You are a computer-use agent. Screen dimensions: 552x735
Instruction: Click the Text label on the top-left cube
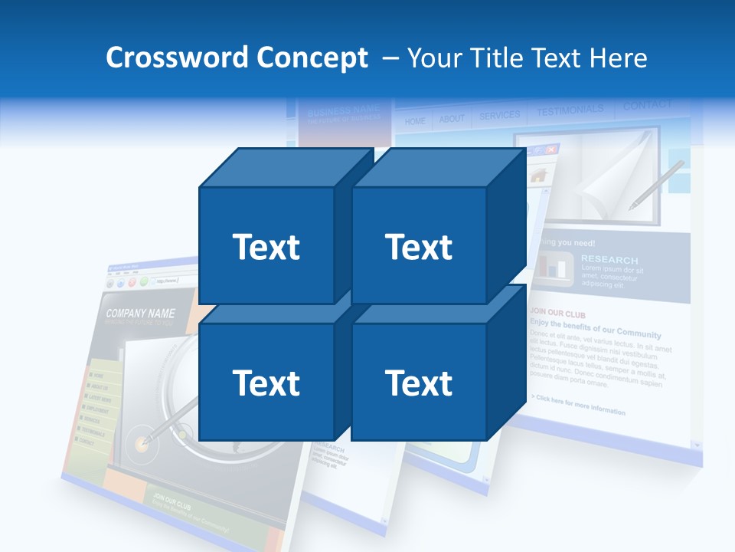pyautogui.click(x=266, y=247)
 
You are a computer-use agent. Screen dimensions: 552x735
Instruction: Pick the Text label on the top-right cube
pyautogui.click(x=419, y=247)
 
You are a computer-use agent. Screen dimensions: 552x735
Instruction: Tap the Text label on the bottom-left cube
pyautogui.click(x=266, y=383)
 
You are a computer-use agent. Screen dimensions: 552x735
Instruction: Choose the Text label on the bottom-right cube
pyautogui.click(x=419, y=383)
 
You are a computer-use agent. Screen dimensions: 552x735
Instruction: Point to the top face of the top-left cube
pyautogui.click(x=283, y=168)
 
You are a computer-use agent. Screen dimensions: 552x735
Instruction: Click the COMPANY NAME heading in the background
pyautogui.click(x=140, y=314)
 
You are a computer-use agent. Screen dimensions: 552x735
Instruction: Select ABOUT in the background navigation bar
pyautogui.click(x=452, y=119)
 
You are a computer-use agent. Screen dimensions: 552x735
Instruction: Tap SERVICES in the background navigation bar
pyautogui.click(x=499, y=116)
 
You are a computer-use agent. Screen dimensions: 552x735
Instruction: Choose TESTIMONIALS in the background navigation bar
pyautogui.click(x=570, y=111)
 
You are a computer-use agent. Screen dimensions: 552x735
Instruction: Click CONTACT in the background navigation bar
pyautogui.click(x=647, y=106)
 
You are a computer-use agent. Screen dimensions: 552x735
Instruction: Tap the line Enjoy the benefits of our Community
pyautogui.click(x=595, y=330)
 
